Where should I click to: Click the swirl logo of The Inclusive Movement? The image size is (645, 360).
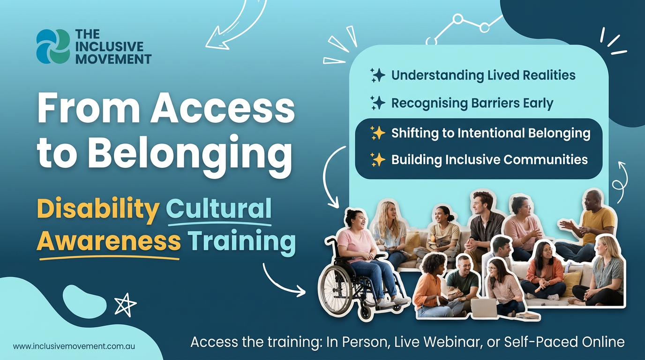pyautogui.click(x=53, y=46)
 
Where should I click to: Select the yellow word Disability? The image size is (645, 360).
pyautogui.click(x=98, y=209)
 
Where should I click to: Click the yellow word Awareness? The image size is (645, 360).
pyautogui.click(x=108, y=241)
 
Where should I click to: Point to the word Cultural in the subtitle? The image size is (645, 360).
pyautogui.click(x=219, y=209)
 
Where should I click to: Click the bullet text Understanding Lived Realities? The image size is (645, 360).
pyautogui.click(x=483, y=75)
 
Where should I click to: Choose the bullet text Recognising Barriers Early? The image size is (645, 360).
pyautogui.click(x=472, y=103)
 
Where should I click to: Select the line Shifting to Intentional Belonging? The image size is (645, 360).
pyautogui.click(x=490, y=133)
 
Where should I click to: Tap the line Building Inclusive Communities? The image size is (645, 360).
pyautogui.click(x=489, y=159)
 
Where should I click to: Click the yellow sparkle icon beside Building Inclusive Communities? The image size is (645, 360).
pyautogui.click(x=377, y=160)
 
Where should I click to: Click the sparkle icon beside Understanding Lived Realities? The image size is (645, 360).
pyautogui.click(x=377, y=75)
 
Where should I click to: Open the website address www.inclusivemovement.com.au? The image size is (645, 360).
pyautogui.click(x=74, y=346)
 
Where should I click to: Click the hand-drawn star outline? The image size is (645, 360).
pyautogui.click(x=125, y=305)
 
